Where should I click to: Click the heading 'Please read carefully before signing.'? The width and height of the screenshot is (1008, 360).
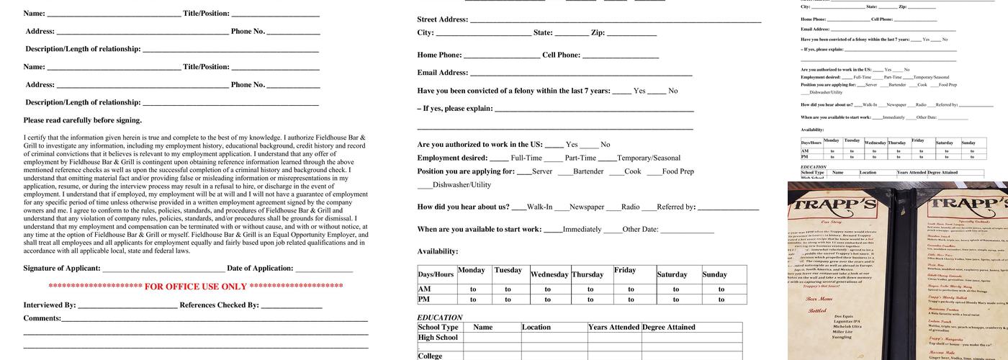tap(83, 120)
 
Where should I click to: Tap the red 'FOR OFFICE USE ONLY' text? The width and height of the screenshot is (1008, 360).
tap(196, 287)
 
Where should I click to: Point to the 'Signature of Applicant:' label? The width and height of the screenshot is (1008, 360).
tap(62, 269)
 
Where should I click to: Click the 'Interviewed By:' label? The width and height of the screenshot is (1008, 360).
tap(50, 305)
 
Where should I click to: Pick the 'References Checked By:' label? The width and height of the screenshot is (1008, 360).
tap(219, 305)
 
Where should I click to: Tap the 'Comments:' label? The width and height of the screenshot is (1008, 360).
tap(42, 318)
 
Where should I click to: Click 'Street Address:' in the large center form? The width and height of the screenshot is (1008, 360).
tap(442, 19)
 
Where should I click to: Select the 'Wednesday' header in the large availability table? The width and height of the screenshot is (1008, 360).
tap(549, 274)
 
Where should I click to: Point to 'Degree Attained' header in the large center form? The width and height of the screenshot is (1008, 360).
tap(668, 327)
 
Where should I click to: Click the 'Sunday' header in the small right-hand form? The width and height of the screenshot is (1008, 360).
tap(968, 143)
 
